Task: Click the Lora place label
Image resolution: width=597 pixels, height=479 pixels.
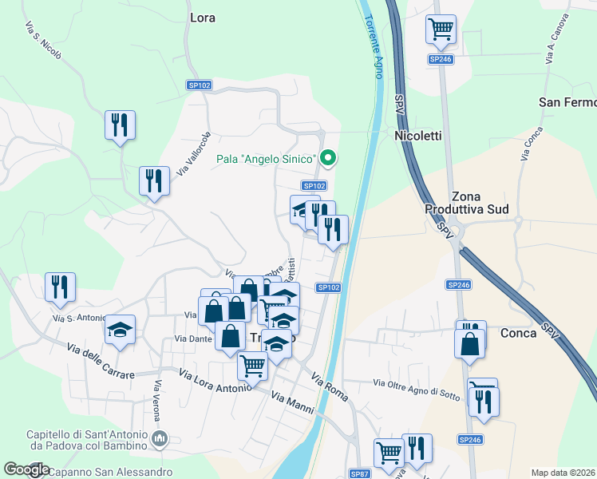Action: point(203,17)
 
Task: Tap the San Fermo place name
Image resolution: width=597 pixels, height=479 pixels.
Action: point(567,102)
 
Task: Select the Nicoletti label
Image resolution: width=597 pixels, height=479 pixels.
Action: point(417,137)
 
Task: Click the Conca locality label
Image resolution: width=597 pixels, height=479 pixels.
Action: point(518,333)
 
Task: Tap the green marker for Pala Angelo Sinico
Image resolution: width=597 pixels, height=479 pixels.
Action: point(327,160)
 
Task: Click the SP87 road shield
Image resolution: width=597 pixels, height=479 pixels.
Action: point(359,473)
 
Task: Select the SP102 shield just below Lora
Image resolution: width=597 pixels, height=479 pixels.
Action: point(199,85)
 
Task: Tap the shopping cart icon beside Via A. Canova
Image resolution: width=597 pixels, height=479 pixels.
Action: point(441,30)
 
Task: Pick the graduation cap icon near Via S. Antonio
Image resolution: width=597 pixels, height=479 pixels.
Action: point(120,330)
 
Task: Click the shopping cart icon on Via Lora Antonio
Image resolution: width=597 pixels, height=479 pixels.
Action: point(252,366)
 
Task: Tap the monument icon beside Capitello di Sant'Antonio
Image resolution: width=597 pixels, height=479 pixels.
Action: point(160,438)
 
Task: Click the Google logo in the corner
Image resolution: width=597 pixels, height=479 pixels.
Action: point(27,470)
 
